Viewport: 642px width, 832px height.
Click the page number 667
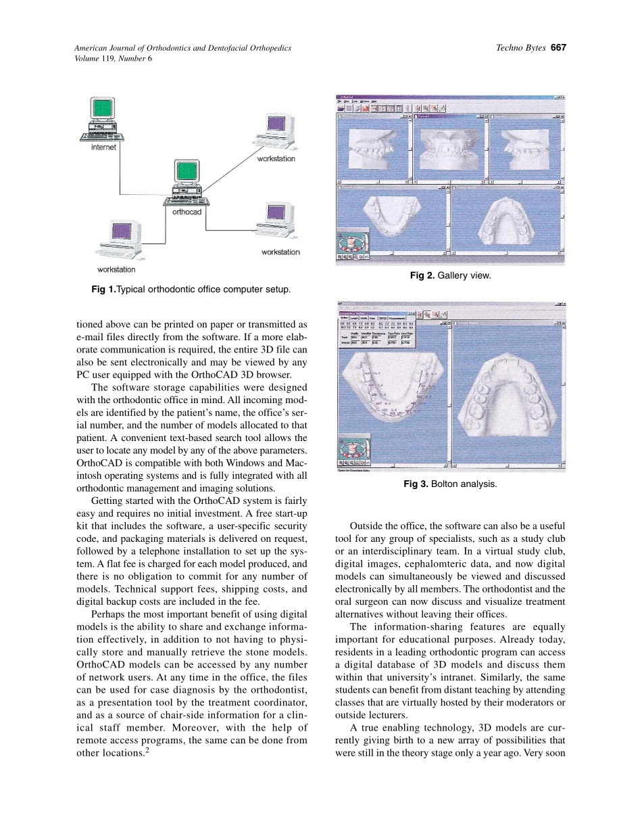click(x=558, y=48)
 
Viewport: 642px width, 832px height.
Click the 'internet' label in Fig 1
click(x=103, y=147)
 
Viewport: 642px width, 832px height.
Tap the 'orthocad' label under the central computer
click(x=187, y=212)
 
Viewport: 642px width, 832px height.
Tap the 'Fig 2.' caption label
click(x=422, y=275)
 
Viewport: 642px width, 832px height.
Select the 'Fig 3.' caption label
click(x=416, y=484)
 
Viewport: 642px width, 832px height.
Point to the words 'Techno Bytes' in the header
click(x=520, y=48)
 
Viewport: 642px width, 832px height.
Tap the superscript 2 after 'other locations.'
click(x=146, y=749)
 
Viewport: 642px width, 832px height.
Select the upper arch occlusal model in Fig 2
click(x=506, y=220)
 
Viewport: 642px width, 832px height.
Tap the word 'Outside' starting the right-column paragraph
click(x=367, y=526)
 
